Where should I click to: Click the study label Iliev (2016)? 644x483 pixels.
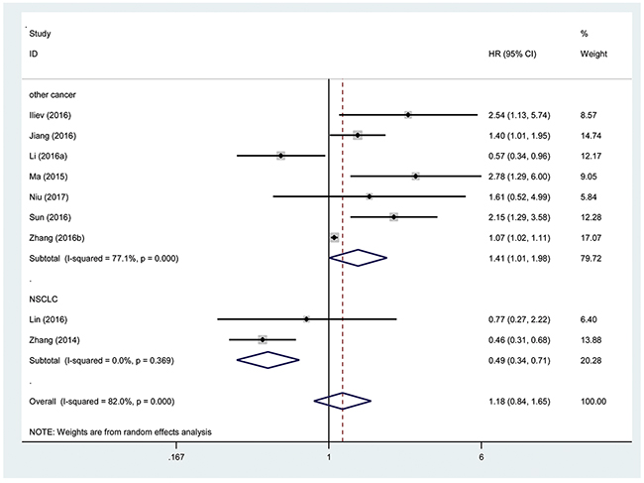click(50, 115)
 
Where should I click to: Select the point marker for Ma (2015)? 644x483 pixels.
click(416, 177)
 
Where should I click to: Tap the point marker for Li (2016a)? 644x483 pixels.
click(280, 156)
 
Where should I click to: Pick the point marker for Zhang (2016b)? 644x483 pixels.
click(334, 238)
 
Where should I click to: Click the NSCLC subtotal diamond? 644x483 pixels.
click(268, 360)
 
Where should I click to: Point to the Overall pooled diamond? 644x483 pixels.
click(342, 402)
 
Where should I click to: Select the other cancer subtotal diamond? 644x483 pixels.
click(358, 258)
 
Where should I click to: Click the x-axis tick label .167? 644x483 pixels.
click(176, 456)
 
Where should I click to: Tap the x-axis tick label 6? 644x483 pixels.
click(481, 456)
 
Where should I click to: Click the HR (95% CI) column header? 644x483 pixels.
click(512, 54)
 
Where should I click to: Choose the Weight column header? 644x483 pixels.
click(593, 54)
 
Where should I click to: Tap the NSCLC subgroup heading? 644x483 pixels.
click(44, 300)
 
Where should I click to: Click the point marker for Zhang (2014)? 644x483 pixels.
click(263, 339)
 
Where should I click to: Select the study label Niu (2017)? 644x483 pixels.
click(49, 197)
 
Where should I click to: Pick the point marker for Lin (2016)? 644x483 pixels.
click(306, 319)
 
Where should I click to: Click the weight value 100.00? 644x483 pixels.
click(593, 402)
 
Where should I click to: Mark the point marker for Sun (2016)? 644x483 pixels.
click(394, 217)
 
